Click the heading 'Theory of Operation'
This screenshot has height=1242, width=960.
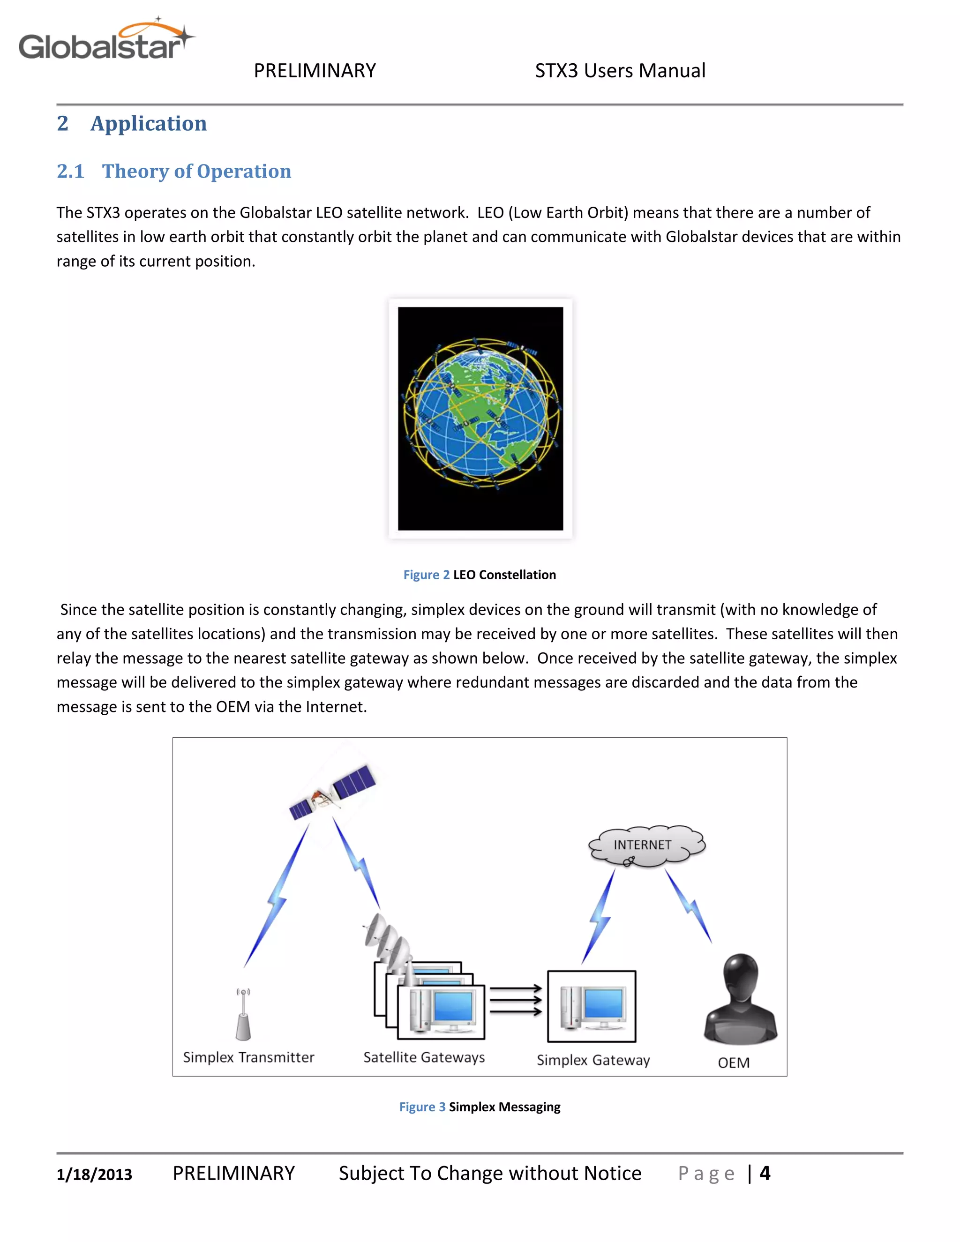[x=196, y=171]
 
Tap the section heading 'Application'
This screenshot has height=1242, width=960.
[x=149, y=123]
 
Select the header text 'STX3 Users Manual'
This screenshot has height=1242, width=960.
[x=620, y=70]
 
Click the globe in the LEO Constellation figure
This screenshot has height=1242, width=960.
[x=480, y=413]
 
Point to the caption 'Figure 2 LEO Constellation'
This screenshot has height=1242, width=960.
[x=480, y=575]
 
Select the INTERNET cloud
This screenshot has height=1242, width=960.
[x=646, y=845]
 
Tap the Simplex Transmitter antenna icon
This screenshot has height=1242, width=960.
[x=243, y=1015]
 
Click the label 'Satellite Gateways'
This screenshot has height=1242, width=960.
[x=424, y=1058]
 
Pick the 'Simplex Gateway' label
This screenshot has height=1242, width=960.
[x=593, y=1061]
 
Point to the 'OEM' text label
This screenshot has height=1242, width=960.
[x=734, y=1063]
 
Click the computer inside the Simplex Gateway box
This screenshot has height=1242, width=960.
[x=592, y=1007]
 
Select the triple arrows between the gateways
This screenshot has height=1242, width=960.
[x=515, y=1000]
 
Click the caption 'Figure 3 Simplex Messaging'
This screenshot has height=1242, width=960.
[x=480, y=1107]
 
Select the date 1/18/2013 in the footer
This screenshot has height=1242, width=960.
[x=94, y=1175]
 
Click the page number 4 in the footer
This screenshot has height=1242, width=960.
[x=765, y=1173]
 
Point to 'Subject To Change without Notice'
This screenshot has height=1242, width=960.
[x=490, y=1173]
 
